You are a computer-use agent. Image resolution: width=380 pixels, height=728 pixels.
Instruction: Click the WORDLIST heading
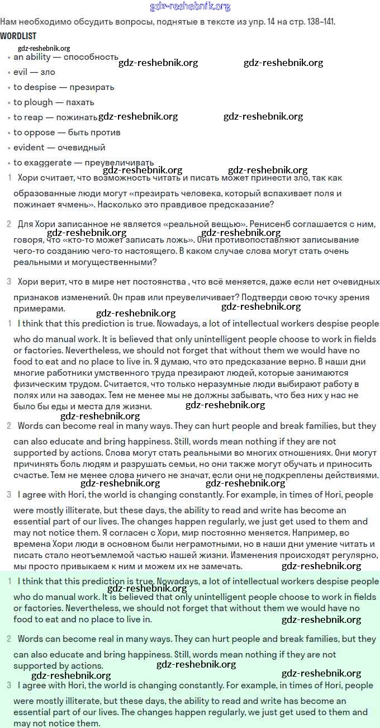click(18, 36)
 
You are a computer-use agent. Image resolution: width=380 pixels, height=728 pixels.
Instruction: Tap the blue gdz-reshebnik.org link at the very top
click(190, 7)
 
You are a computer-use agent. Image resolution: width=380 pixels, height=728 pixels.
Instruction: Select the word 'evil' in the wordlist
click(20, 72)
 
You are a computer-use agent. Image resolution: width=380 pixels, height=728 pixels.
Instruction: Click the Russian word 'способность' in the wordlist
click(91, 57)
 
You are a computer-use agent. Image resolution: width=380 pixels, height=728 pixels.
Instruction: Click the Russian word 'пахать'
click(80, 102)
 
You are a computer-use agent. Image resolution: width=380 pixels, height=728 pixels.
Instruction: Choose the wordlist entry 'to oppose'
click(34, 133)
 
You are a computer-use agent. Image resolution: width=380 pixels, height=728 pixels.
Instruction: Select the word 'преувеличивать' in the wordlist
click(119, 163)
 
